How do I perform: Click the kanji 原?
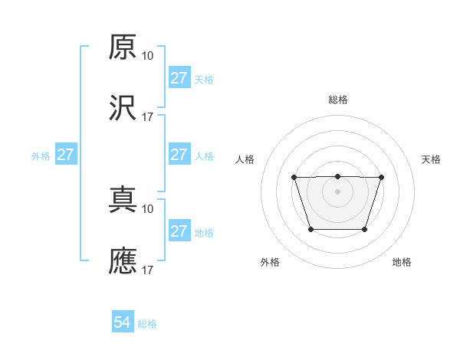123,47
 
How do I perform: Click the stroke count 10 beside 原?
148,56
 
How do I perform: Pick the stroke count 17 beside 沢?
148,117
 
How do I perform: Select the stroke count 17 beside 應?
148,270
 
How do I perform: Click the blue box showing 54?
123,323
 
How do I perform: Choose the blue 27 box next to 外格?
66,155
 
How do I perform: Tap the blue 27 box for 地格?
179,231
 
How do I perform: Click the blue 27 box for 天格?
179,78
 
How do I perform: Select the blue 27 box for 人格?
179,155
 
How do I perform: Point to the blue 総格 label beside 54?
147,324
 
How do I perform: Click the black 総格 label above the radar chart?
338,100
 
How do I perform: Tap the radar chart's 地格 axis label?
402,262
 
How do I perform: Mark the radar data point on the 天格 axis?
381,177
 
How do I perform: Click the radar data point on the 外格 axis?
310,229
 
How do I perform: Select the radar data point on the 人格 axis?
294,177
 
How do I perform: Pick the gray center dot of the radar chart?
337,191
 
